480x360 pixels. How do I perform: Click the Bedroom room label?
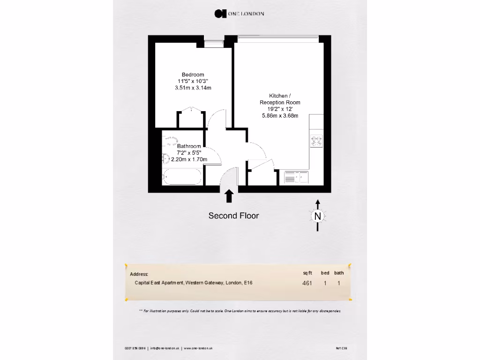tap(193, 75)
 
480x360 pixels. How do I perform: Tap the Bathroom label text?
tap(189, 146)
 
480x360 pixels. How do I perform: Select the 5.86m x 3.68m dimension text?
tap(280, 116)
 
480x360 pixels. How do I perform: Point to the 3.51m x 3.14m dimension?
tap(193, 88)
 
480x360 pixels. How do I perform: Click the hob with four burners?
tap(316, 141)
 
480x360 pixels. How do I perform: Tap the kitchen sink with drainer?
tap(296, 177)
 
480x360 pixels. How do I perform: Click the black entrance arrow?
tap(229, 196)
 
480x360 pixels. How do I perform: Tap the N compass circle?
tap(318, 216)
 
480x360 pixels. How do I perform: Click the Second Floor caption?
tap(233, 216)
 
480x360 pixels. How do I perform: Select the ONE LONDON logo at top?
tap(240, 14)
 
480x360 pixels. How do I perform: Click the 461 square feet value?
tap(307, 283)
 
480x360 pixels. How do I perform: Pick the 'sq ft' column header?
tap(307, 273)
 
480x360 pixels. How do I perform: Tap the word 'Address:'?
tap(139, 274)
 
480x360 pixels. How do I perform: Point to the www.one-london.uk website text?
tap(199, 348)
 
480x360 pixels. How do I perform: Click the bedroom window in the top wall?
tap(214, 43)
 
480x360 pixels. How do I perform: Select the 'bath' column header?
tap(339, 273)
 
